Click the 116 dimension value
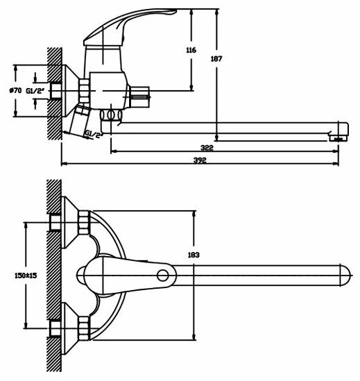192,50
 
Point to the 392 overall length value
200,159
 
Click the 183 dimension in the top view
194,255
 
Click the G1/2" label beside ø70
35,91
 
